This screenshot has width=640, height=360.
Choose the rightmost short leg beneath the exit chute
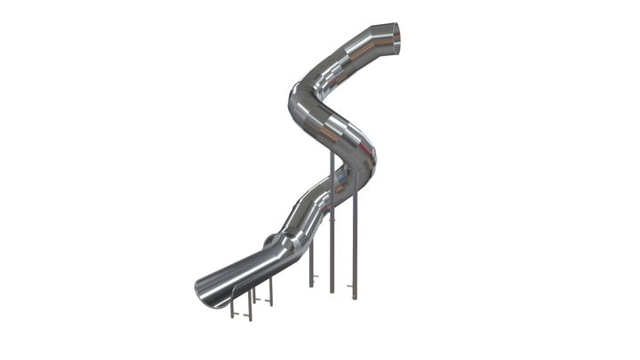[271, 292]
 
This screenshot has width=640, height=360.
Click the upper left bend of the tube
[303, 94]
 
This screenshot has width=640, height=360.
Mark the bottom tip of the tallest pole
[332, 291]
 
